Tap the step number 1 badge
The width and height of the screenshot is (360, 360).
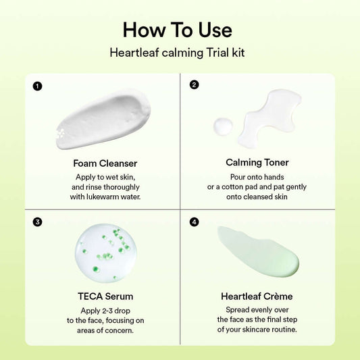(x=37, y=86)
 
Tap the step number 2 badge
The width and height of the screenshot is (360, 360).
(x=195, y=85)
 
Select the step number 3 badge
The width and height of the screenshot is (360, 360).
(x=37, y=221)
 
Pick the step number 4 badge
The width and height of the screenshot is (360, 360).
(x=195, y=221)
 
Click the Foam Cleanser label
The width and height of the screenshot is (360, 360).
(x=105, y=163)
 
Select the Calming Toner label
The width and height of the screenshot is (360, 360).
(x=257, y=162)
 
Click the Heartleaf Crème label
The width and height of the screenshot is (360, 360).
(x=257, y=296)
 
